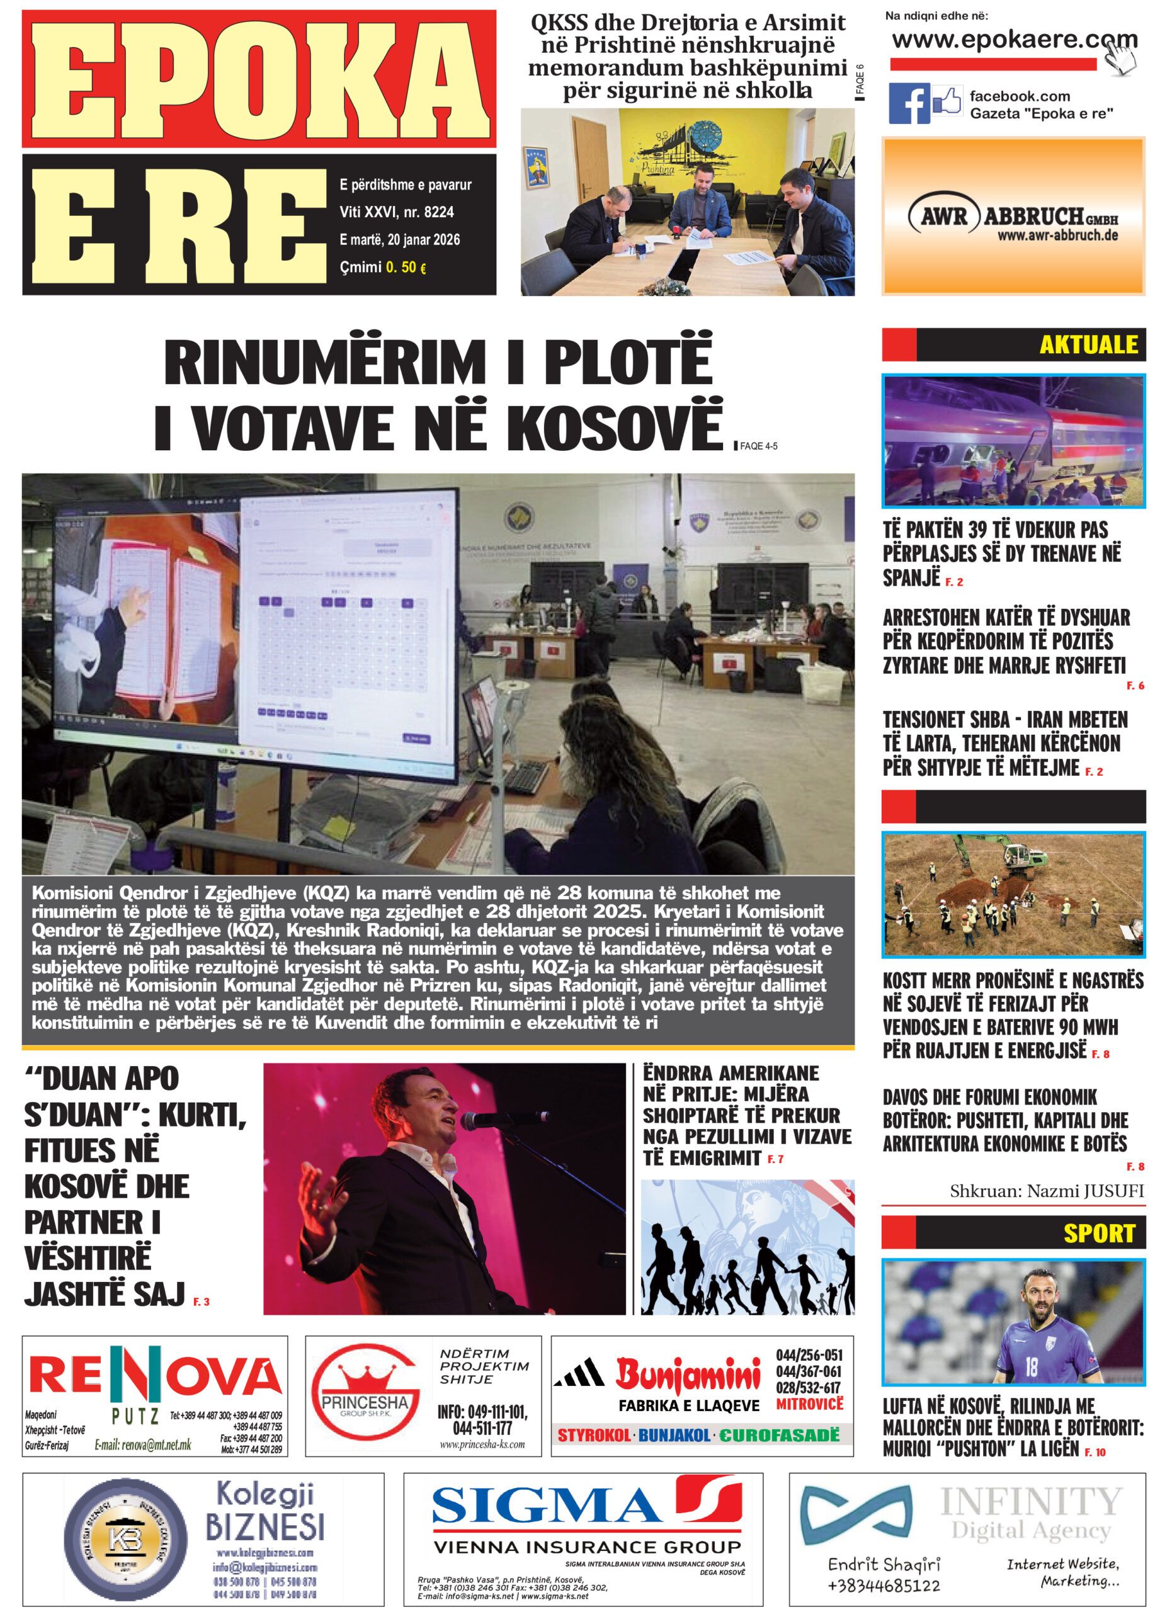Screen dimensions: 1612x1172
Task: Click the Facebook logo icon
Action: pyautogui.click(x=909, y=104)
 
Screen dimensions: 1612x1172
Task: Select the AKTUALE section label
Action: pyautogui.click(x=1088, y=344)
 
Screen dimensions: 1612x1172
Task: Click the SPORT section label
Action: pyautogui.click(x=1099, y=1233)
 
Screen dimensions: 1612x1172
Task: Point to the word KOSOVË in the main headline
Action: pyautogui.click(x=614, y=429)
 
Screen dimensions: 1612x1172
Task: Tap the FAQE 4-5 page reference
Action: pyautogui.click(x=758, y=446)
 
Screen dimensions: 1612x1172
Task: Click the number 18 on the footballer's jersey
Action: pyautogui.click(x=1030, y=1366)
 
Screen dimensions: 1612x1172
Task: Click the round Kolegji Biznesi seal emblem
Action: pyautogui.click(x=126, y=1538)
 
